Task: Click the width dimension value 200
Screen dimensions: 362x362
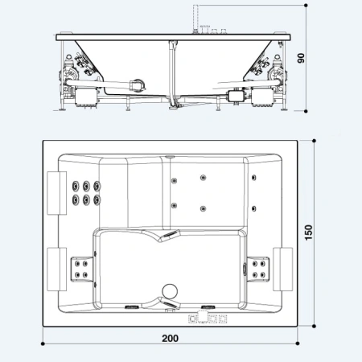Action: pos(170,338)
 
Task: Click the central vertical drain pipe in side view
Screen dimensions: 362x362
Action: pos(171,72)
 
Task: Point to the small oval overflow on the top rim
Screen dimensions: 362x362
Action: pos(170,156)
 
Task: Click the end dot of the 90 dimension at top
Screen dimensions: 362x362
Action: pos(311,6)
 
